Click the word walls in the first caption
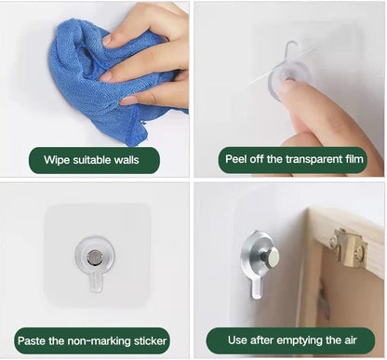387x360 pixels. click(x=127, y=160)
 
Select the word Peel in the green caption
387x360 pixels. click(x=234, y=159)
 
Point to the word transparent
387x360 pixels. click(x=313, y=159)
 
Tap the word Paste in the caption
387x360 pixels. click(x=32, y=340)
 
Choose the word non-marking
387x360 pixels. click(x=100, y=340)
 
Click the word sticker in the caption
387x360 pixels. click(x=151, y=340)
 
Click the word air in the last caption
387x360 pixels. click(x=350, y=340)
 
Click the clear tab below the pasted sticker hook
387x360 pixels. click(x=96, y=282)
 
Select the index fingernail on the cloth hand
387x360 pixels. click(x=107, y=40)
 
